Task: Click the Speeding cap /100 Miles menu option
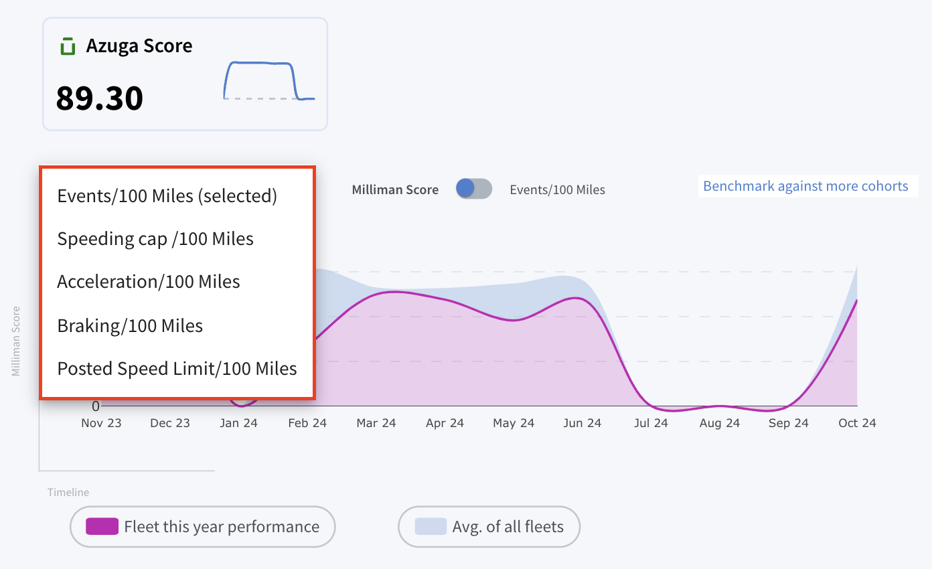tap(155, 239)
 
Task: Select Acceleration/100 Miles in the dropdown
tap(149, 282)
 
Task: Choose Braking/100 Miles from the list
tap(130, 326)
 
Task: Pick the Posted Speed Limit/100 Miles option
tap(177, 369)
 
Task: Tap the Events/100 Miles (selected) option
tap(167, 196)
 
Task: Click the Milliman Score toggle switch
tap(474, 188)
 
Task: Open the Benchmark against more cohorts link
tap(805, 186)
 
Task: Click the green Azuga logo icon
tap(68, 46)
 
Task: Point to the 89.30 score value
tap(100, 98)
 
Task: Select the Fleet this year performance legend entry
tap(203, 527)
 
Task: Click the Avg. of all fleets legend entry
tap(489, 527)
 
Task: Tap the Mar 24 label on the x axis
tap(376, 423)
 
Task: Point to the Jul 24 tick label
tap(651, 423)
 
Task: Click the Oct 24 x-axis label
tap(857, 423)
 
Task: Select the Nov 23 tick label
tap(101, 423)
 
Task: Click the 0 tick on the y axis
tap(96, 406)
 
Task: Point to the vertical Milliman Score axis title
tap(16, 341)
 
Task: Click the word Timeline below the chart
tap(68, 493)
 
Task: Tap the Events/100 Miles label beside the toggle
tap(558, 189)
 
